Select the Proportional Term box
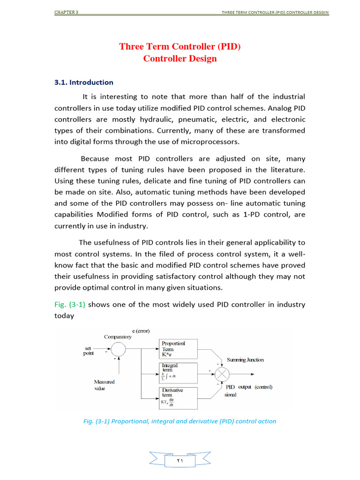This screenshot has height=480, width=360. pos(179,349)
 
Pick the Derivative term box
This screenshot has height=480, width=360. pos(179,398)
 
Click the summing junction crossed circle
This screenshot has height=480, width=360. pos(223,374)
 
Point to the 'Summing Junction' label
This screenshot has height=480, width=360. pos(245,360)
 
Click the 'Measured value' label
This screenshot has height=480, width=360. pos(104,385)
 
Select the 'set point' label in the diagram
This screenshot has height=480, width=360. pos(88,351)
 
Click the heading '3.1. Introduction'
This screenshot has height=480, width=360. pos(84,82)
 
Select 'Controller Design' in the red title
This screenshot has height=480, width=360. pos(180,59)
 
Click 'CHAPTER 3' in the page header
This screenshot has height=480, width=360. pos(66,12)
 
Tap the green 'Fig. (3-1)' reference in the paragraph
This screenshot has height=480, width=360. pos(70,305)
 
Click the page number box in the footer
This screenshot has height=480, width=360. pos(180,461)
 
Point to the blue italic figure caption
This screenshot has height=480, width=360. pos(180,421)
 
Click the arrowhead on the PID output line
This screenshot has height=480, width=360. pos(253,374)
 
